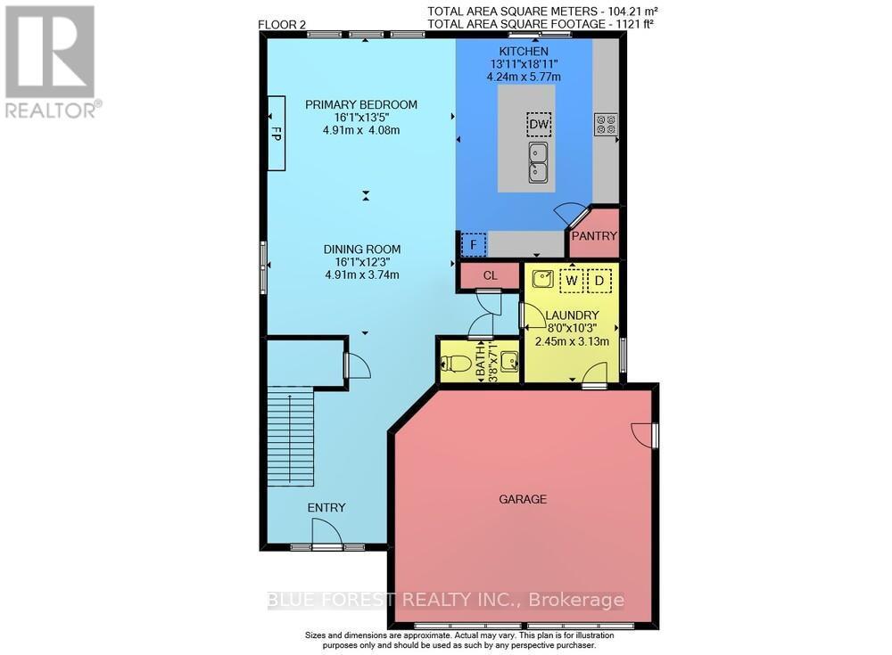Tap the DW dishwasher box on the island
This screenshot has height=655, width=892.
[x=538, y=125]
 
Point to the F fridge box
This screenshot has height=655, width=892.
[x=473, y=243]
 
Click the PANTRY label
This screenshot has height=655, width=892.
[x=593, y=236]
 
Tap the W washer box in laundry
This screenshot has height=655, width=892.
[x=571, y=280]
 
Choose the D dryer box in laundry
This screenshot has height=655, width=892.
[x=600, y=280]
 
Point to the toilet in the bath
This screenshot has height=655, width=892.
[x=457, y=363]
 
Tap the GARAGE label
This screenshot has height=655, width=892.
[x=523, y=499]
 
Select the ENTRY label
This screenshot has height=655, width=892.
[x=326, y=507]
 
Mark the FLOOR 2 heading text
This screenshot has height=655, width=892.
[x=282, y=24]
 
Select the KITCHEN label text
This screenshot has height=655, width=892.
[x=524, y=51]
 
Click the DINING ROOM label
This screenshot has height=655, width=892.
[x=361, y=249]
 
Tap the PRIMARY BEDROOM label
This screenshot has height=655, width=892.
[x=361, y=104]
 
